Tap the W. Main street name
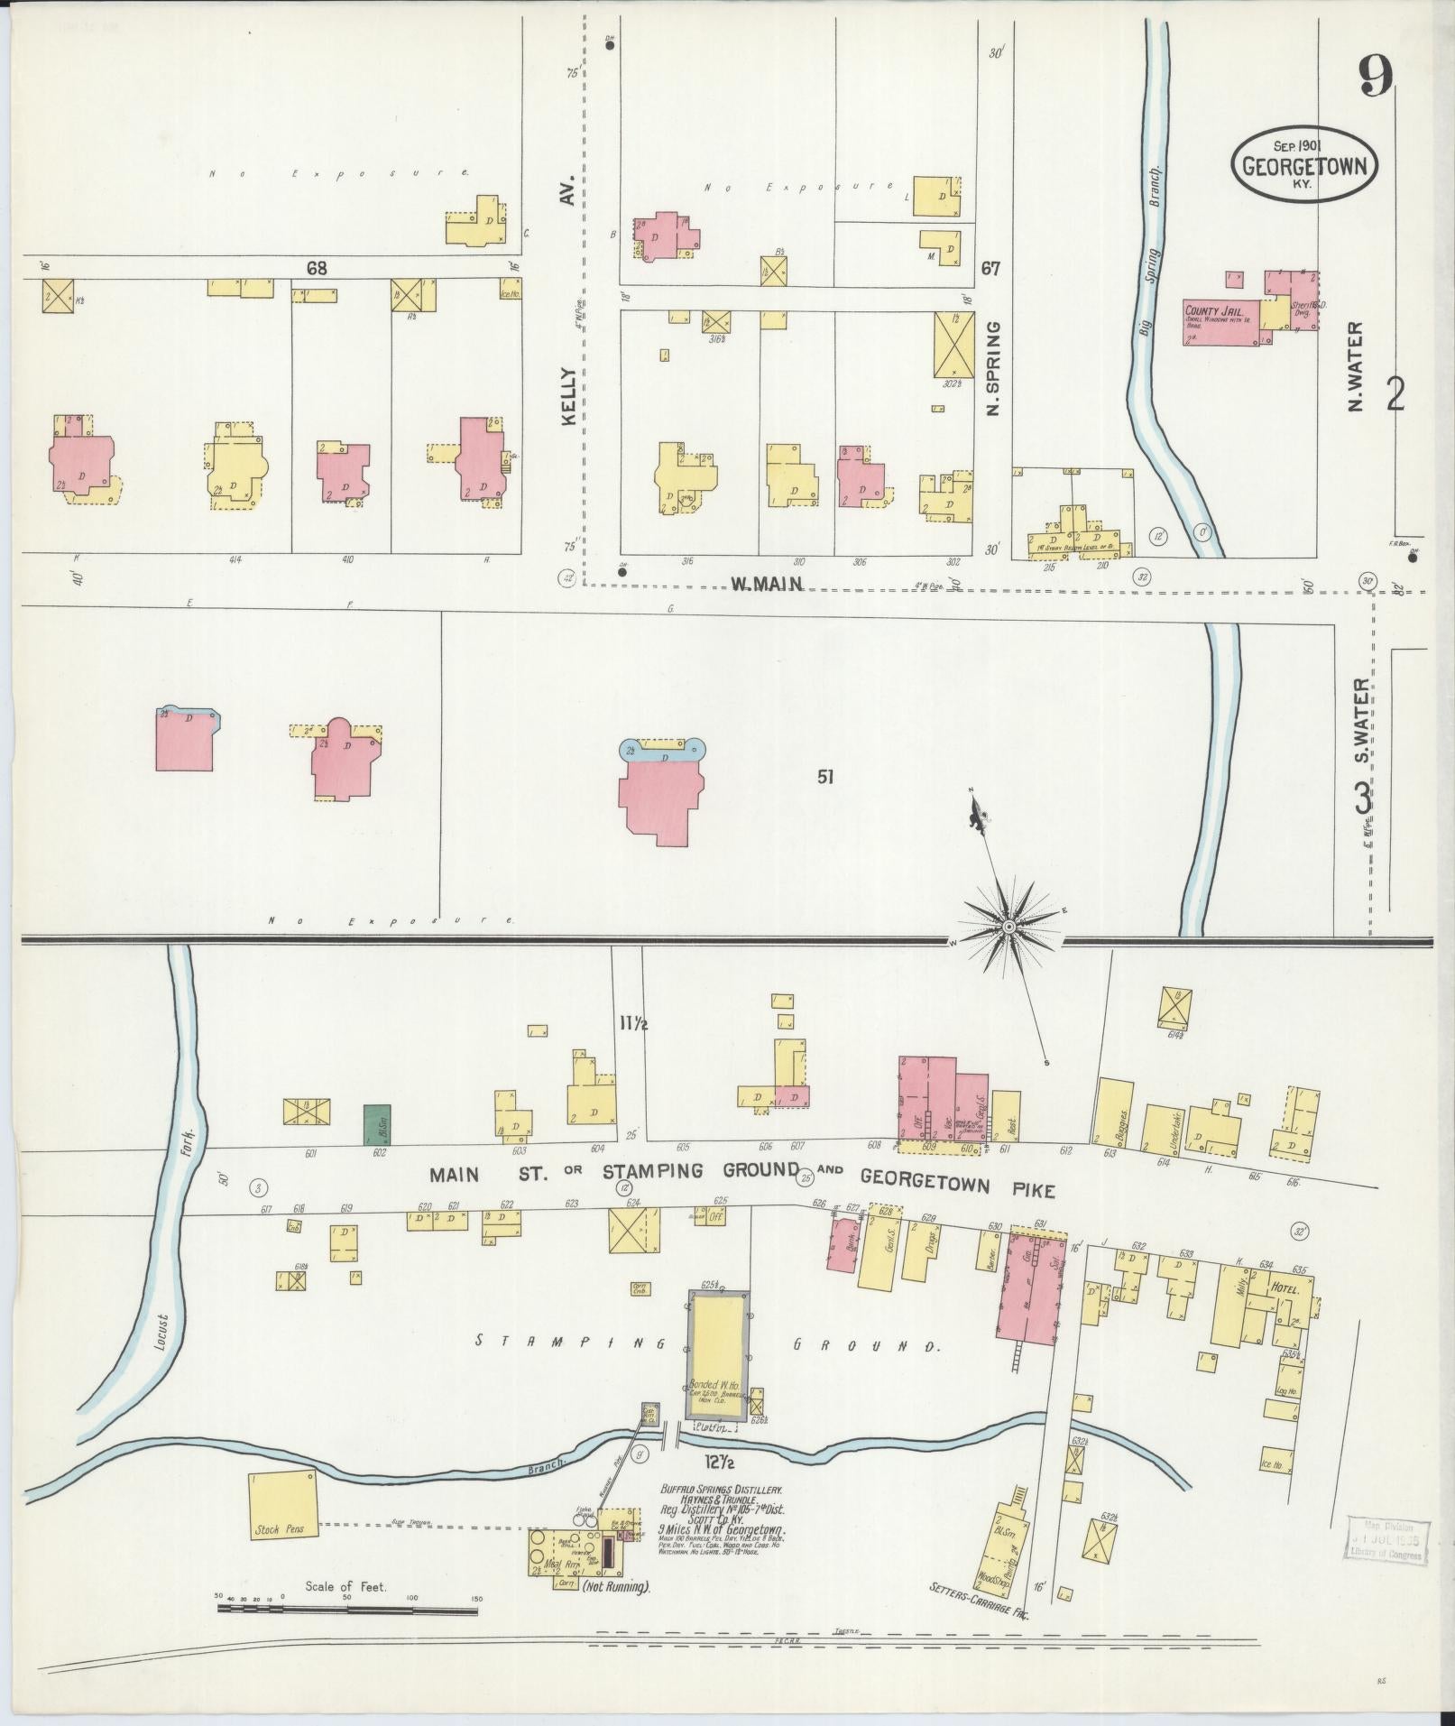click(766, 584)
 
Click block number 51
click(824, 777)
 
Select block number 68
click(316, 268)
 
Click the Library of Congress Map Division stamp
click(1386, 1540)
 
